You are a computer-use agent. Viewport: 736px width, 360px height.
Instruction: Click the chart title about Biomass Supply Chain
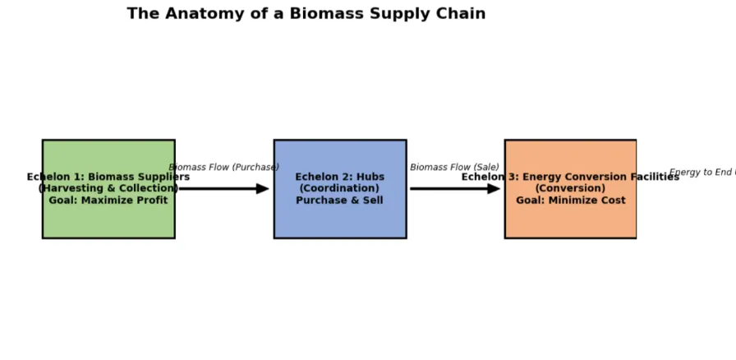[x=306, y=14]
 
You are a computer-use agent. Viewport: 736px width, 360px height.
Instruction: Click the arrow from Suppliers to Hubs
[x=223, y=189]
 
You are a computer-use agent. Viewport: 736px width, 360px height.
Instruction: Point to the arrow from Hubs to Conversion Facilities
[x=454, y=189]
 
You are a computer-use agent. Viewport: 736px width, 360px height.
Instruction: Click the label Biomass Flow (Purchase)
[x=223, y=168]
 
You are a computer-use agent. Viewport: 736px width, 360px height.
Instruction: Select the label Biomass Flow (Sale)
[x=454, y=168]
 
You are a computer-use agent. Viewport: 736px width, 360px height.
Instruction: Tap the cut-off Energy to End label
[x=701, y=173]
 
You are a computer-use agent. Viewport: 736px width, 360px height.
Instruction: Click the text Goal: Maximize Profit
[x=108, y=201]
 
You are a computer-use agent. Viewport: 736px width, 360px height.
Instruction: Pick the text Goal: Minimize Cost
[x=570, y=201]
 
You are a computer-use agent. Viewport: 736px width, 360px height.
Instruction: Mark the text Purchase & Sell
[x=339, y=201]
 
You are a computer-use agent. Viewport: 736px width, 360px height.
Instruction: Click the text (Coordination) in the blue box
[x=339, y=189]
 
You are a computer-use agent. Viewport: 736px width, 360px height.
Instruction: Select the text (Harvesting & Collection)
[x=108, y=189]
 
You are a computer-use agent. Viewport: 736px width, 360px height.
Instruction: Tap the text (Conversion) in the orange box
[x=570, y=189]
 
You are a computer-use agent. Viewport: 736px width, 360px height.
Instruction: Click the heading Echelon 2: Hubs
[x=339, y=178]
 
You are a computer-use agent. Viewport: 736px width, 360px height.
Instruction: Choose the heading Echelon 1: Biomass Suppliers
[x=108, y=178]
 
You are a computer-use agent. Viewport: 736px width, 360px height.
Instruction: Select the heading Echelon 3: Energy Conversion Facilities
[x=570, y=178]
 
